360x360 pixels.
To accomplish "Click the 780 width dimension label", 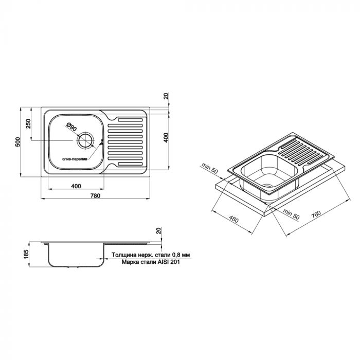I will click(x=95, y=196).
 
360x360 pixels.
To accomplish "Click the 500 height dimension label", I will click(x=18, y=141).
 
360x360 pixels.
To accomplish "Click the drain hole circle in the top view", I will click(x=85, y=140).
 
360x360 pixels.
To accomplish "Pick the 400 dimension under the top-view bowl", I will click(x=75, y=185).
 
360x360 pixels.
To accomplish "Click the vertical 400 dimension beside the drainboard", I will click(x=166, y=138).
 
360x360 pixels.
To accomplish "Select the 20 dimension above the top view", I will click(x=166, y=96).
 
